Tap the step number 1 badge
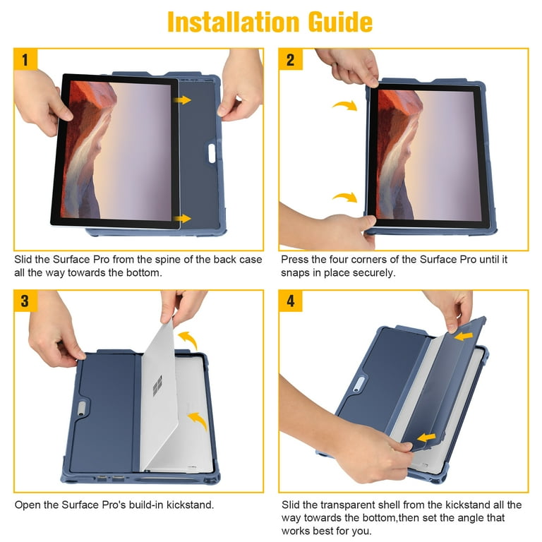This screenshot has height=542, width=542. pos(25,60)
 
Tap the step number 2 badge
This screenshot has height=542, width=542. pos(290,60)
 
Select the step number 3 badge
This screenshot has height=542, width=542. pos(25,301)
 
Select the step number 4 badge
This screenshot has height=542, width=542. pos(290,301)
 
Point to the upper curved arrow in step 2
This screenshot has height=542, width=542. pos(344,106)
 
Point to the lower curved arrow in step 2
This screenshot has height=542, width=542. pos(344,198)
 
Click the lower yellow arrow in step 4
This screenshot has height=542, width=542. pos(426,439)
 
